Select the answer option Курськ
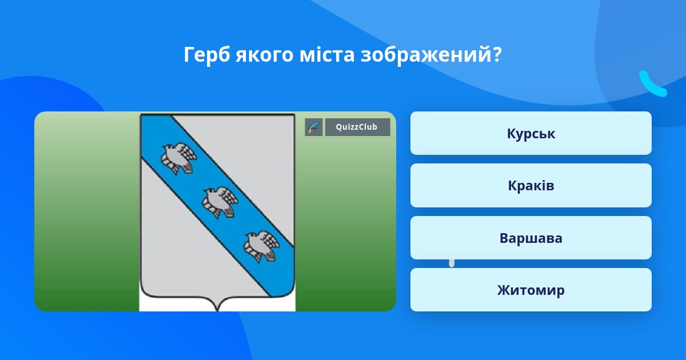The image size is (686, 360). tap(531, 133)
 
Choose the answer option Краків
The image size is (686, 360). tap(531, 186)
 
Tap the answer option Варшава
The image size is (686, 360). tap(531, 238)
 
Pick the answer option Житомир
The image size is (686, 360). tap(531, 290)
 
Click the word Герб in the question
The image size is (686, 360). tap(207, 55)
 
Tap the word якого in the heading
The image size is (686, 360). tap(265, 55)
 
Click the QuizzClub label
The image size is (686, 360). tap(357, 127)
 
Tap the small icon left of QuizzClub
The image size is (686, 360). tap(314, 127)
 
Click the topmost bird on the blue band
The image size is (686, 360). tap(178, 158)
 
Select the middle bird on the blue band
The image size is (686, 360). tap(220, 202)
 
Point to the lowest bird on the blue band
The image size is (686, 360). tap(261, 246)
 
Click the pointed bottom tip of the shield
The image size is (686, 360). tap(217, 310)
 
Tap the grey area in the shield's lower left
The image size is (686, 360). tap(184, 245)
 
